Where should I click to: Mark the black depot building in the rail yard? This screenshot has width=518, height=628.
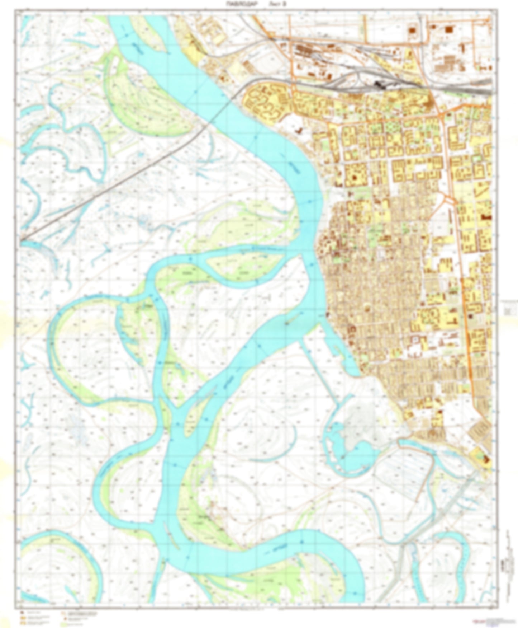point(380,85)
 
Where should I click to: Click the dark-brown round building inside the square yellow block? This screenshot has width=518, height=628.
point(355,177)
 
